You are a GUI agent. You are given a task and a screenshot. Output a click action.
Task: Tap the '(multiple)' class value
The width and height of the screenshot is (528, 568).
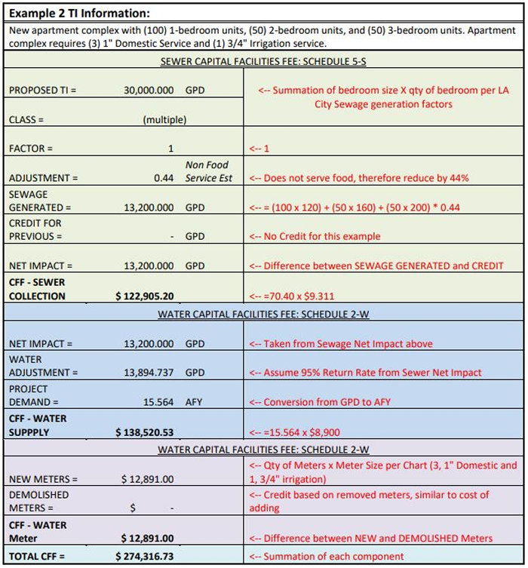tap(164, 119)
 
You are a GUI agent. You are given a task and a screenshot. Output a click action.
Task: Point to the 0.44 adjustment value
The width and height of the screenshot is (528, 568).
tap(164, 178)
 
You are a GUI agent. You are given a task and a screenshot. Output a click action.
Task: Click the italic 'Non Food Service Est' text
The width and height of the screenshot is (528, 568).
tap(208, 171)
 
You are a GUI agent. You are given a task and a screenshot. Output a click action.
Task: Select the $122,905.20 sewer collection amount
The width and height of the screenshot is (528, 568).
tap(145, 296)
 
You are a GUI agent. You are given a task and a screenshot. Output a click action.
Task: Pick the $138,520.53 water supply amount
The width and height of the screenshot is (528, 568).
tap(145, 432)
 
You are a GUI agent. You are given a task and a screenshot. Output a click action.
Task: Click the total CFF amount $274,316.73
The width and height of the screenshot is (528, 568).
tap(145, 557)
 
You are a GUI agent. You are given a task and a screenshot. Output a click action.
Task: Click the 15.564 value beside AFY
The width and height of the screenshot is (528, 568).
tap(158, 402)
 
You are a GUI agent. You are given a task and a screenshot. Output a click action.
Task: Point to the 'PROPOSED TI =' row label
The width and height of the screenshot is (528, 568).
tap(43, 90)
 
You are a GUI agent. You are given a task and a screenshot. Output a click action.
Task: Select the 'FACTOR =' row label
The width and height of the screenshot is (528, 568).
tap(31, 149)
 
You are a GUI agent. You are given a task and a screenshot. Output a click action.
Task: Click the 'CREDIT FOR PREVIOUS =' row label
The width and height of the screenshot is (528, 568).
tap(35, 229)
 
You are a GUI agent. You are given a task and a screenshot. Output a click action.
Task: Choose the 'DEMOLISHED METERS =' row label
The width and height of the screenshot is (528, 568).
tap(38, 501)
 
